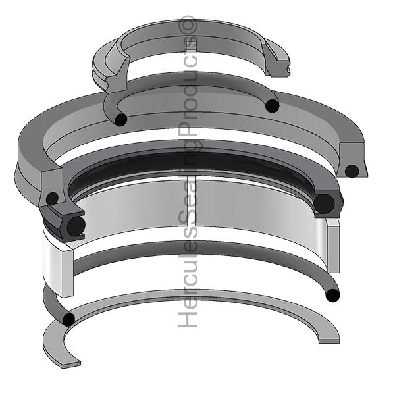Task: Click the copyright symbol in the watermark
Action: click(x=189, y=24)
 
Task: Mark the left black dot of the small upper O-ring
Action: click(x=120, y=119)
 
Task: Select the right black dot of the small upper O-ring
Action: click(x=271, y=105)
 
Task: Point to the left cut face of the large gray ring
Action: click(x=51, y=187)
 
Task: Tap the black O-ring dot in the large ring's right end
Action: click(x=352, y=171)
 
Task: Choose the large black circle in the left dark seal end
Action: click(x=76, y=226)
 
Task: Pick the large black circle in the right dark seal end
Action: click(x=325, y=203)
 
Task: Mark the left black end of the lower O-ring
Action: click(x=67, y=319)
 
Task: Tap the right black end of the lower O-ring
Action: click(x=332, y=294)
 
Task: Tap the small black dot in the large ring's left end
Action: click(x=51, y=198)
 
